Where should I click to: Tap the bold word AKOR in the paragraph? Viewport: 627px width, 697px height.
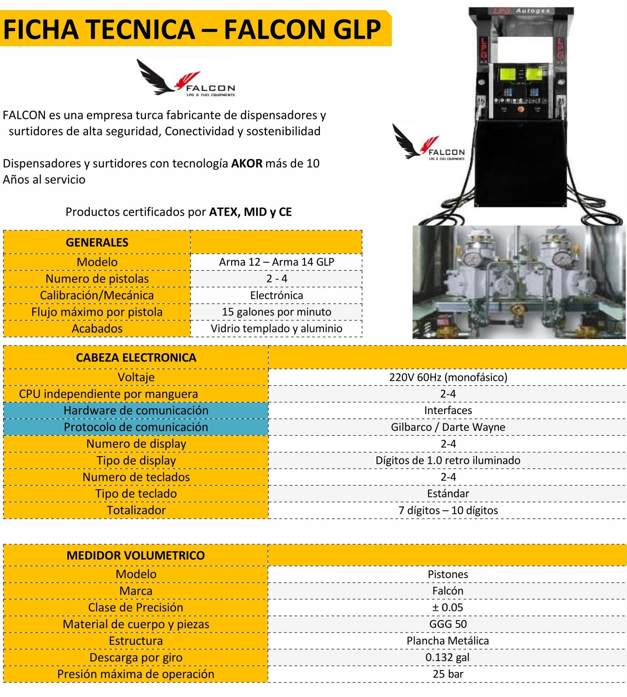pyautogui.click(x=247, y=163)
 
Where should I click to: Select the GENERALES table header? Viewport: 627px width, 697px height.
pyautogui.click(x=97, y=243)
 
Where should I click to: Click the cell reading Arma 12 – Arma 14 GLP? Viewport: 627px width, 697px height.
pyautogui.click(x=276, y=262)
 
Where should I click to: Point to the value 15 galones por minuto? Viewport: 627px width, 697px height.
pyautogui.click(x=276, y=312)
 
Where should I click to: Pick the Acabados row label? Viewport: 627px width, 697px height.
pyautogui.click(x=97, y=328)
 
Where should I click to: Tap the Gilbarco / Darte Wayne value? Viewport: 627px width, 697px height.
pyautogui.click(x=448, y=427)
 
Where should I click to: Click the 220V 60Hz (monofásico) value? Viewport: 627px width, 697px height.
pyautogui.click(x=448, y=377)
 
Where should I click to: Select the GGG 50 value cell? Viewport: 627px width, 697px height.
pyautogui.click(x=448, y=624)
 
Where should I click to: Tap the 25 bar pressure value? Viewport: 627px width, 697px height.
pyautogui.click(x=448, y=674)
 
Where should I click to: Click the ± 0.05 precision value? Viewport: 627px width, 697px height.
pyautogui.click(x=448, y=607)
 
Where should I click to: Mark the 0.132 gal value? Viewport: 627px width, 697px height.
pyautogui.click(x=448, y=657)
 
